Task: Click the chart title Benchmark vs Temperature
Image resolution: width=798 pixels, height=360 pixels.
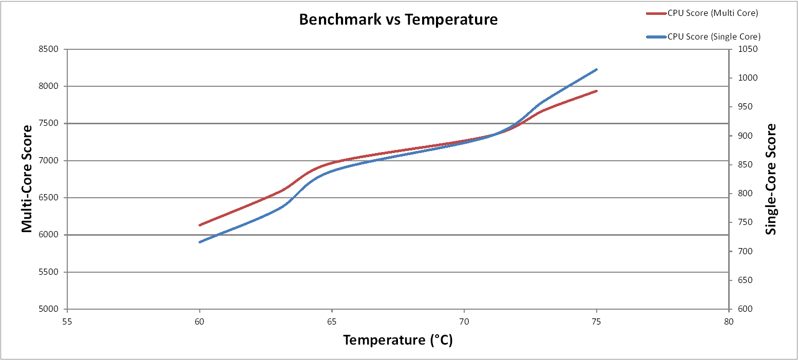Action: point(398,20)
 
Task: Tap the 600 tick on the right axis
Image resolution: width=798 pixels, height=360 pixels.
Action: point(743,309)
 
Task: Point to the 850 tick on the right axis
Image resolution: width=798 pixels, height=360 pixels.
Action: point(743,165)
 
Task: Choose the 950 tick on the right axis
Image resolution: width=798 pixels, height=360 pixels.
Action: point(743,107)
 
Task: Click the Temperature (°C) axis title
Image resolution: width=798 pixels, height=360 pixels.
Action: point(398,340)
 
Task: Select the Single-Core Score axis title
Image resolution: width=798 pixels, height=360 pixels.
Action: point(771,179)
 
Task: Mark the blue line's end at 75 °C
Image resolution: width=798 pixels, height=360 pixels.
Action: point(597,69)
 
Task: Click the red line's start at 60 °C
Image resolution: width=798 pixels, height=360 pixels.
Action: point(200,225)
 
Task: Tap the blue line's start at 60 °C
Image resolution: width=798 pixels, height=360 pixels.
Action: point(200,242)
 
